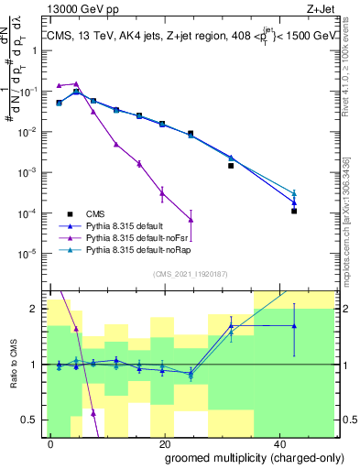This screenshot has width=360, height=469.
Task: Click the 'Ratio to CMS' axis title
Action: click(x=13, y=365)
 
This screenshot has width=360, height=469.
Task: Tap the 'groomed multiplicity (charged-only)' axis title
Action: click(x=241, y=457)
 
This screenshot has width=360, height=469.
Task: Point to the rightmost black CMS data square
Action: click(x=294, y=211)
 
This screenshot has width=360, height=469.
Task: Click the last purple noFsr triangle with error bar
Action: click(x=191, y=219)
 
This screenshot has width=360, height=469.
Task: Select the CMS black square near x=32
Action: click(x=231, y=166)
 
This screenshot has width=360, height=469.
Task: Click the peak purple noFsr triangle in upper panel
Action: click(x=76, y=83)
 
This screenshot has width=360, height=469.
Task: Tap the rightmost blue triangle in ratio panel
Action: click(x=294, y=326)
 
